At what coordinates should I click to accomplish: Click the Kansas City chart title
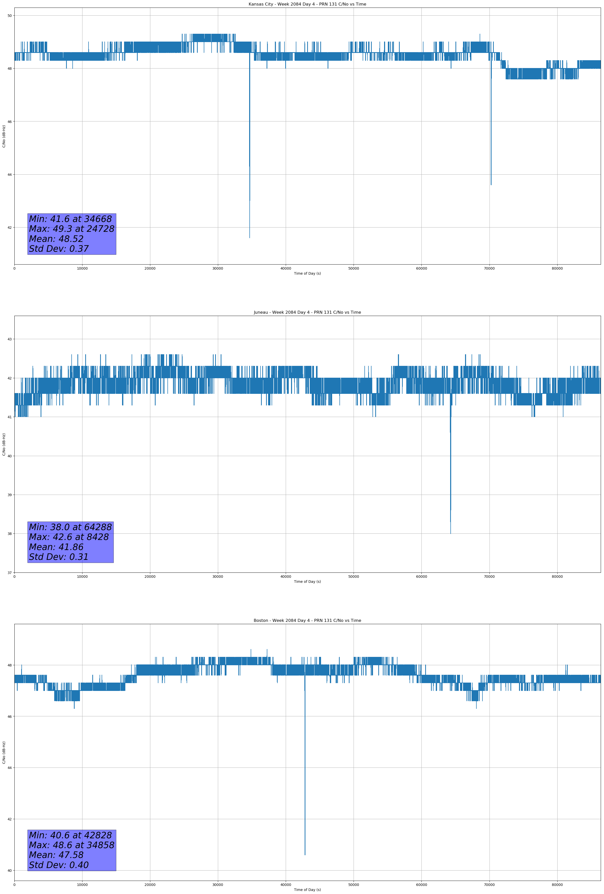tap(307, 4)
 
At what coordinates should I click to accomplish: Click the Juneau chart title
tap(307, 312)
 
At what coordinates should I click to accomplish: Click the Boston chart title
tap(307, 621)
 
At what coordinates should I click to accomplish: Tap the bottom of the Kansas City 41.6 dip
tap(249, 238)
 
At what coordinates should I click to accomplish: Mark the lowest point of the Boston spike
tap(305, 855)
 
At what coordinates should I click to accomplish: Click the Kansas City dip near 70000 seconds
tap(491, 185)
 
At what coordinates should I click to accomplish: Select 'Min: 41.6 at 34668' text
tap(70, 219)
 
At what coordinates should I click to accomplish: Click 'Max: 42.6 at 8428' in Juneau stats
tap(69, 537)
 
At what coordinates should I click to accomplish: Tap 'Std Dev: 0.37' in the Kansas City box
tap(59, 249)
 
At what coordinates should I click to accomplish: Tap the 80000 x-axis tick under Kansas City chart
tap(557, 269)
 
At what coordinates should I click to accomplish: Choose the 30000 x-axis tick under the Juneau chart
tap(218, 577)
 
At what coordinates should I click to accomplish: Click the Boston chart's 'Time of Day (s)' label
tap(307, 890)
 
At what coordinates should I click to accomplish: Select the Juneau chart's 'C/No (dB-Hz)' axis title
tap(4, 444)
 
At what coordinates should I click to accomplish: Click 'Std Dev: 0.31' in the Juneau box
tap(59, 557)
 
